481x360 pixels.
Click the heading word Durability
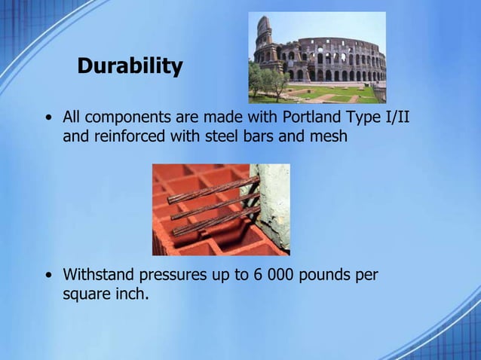[x=130, y=66]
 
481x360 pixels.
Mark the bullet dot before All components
[x=48, y=119]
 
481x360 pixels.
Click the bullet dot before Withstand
[x=48, y=276]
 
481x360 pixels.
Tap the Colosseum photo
[x=317, y=57]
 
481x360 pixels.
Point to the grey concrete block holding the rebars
[x=273, y=207]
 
